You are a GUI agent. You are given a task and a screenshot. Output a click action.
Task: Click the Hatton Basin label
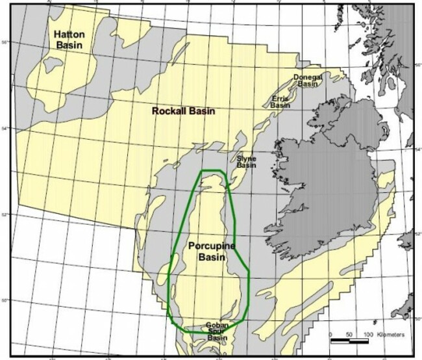point(69,39)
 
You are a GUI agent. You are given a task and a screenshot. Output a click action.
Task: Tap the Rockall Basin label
point(183,111)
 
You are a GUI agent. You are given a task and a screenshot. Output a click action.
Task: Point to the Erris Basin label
point(280,101)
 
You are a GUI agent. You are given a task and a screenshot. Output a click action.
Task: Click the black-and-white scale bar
point(351,341)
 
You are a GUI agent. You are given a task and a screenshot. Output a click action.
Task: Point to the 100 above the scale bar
point(368,334)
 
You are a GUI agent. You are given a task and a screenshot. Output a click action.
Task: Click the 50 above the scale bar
point(350,334)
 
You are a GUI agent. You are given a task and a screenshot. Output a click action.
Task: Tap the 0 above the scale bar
point(331,334)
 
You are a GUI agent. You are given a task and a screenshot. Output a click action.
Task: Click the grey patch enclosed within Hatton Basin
point(50,66)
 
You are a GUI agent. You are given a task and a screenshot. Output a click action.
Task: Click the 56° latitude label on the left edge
point(5,42)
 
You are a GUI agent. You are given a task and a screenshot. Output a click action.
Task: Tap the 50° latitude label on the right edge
point(417,318)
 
